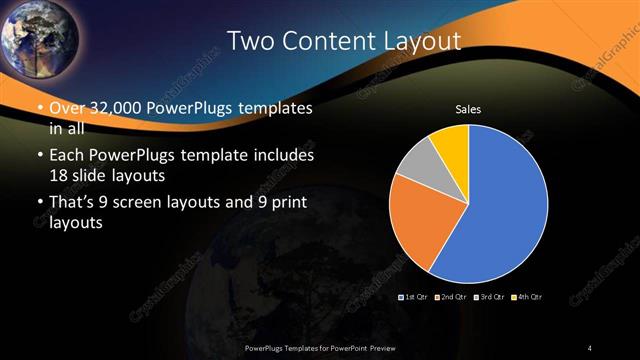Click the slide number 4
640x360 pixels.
(x=590, y=347)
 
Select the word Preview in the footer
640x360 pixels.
(x=377, y=347)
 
